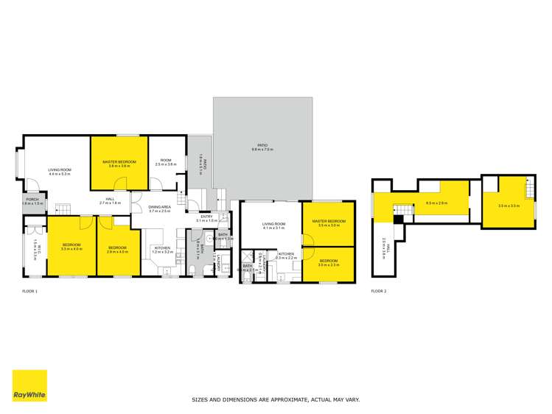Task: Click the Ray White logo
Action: tap(30, 385)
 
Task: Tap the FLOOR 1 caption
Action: tap(30, 292)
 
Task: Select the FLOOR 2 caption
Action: tap(380, 292)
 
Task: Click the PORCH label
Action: tap(32, 200)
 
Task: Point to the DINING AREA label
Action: tap(160, 207)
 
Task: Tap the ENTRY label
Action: tap(207, 217)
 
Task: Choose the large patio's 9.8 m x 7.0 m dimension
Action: tap(262, 150)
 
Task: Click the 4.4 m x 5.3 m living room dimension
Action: tap(60, 174)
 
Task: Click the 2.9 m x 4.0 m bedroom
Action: tap(118, 250)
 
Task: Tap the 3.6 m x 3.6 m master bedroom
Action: tap(119, 164)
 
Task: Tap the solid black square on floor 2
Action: tap(399, 218)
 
